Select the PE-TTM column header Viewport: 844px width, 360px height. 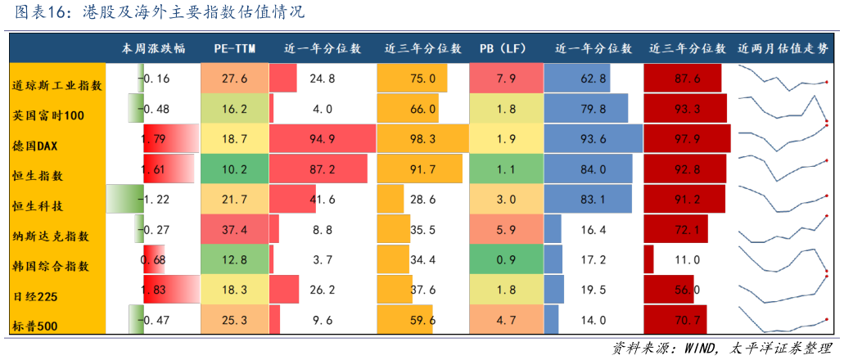click(x=234, y=48)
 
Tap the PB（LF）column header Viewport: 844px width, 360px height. click(x=503, y=48)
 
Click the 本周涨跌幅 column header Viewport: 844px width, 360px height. click(x=153, y=48)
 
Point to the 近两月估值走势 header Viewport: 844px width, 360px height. click(x=783, y=48)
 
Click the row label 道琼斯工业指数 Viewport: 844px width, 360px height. click(x=57, y=85)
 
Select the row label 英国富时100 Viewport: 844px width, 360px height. click(x=48, y=115)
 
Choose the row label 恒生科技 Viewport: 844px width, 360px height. click(x=38, y=206)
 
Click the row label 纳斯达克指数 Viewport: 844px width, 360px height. click(x=51, y=236)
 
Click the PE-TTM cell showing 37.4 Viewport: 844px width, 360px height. click(x=234, y=230)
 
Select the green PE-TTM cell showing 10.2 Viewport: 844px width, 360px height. click(x=234, y=169)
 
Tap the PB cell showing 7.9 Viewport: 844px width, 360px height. click(x=505, y=79)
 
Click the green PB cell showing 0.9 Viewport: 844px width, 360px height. click(x=505, y=260)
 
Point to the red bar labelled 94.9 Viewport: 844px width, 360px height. click(x=321, y=139)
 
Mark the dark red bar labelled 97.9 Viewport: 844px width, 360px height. click(x=687, y=139)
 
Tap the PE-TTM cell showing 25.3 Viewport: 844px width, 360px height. click(x=234, y=320)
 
